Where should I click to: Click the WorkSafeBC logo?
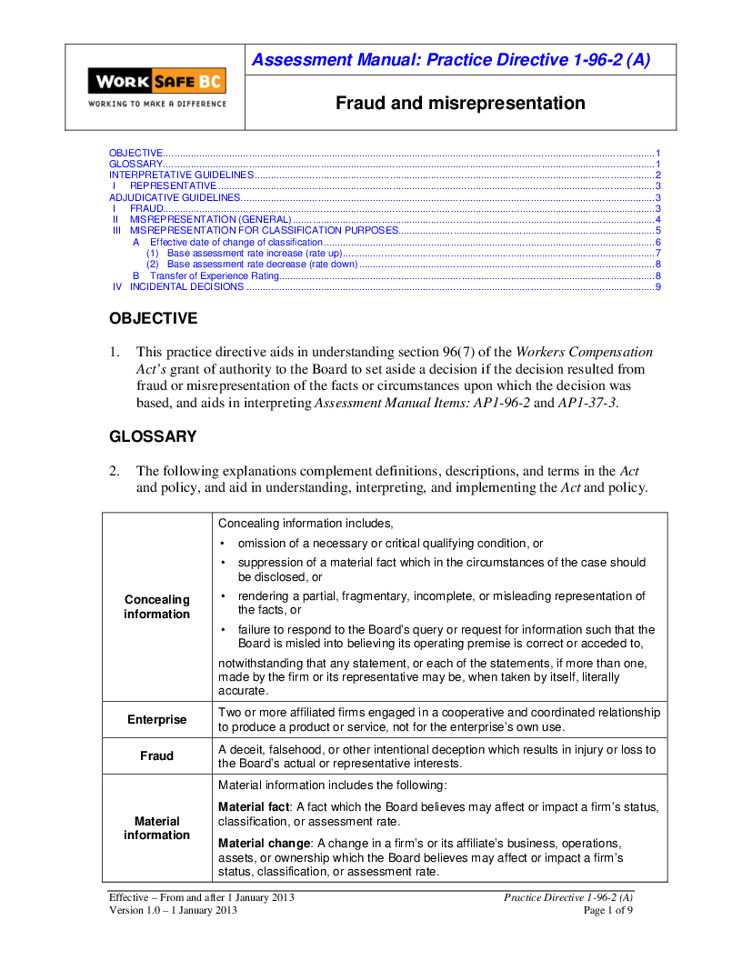(x=156, y=87)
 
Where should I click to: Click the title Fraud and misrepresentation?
(x=460, y=103)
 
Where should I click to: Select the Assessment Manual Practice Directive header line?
(x=450, y=60)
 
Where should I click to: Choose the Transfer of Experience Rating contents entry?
(x=214, y=275)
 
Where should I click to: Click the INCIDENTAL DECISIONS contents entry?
(x=186, y=286)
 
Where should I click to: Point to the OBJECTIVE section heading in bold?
(x=153, y=318)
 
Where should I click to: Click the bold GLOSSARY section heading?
(x=153, y=436)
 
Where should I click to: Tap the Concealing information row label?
(x=157, y=606)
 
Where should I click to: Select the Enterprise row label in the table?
(x=157, y=720)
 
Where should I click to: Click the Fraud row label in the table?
(x=157, y=756)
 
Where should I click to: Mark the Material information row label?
(x=157, y=828)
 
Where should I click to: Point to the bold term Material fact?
(x=251, y=807)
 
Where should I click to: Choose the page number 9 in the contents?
(x=657, y=286)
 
